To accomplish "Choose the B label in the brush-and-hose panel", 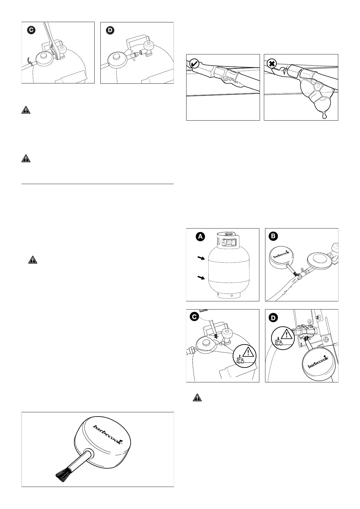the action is click(x=273, y=236).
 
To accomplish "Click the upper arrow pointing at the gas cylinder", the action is click(x=200, y=258).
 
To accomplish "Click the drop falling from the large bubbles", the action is click(x=324, y=115).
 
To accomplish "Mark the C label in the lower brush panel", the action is click(x=195, y=317).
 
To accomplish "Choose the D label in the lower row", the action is click(x=273, y=318).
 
